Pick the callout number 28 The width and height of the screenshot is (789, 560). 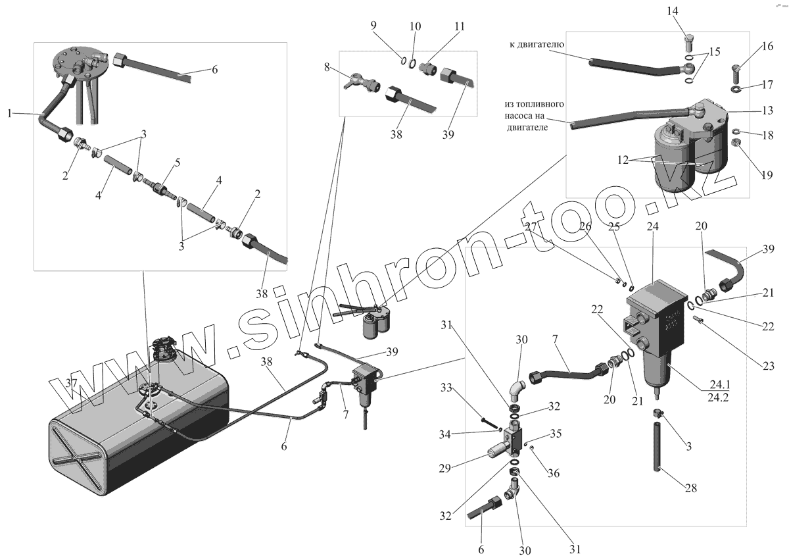pos(690,488)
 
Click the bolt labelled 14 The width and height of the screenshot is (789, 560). pos(686,40)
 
